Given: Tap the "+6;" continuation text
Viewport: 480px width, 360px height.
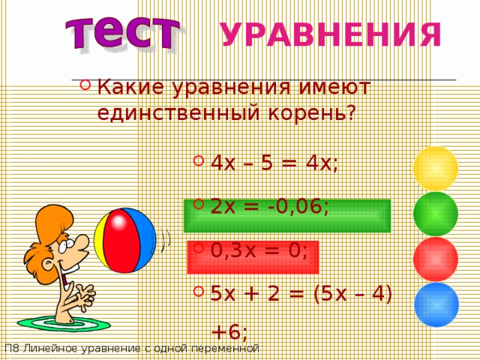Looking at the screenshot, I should click(229, 330).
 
